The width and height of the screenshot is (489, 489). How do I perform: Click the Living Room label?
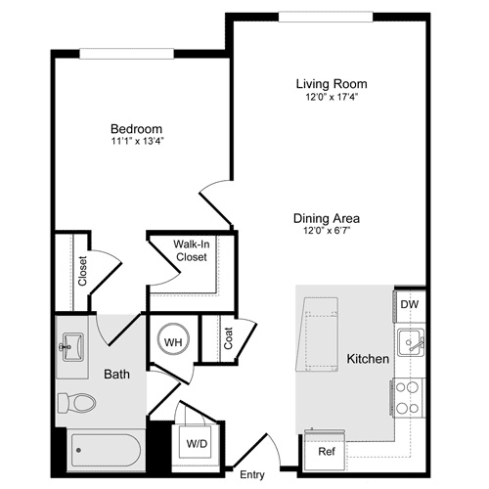[x=333, y=83]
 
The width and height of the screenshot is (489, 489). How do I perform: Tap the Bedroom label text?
[x=136, y=129]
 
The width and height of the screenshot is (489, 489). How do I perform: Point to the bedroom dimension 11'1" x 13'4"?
[x=136, y=142]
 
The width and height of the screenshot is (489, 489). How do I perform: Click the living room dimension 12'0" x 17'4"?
[x=333, y=96]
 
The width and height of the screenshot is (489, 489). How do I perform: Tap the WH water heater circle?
[x=172, y=341]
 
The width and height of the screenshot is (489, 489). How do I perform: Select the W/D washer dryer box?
[x=197, y=443]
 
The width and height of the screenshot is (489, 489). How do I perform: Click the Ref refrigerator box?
[x=326, y=452]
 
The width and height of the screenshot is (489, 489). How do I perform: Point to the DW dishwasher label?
[x=409, y=304]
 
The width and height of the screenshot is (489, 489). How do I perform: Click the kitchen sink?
[x=409, y=343]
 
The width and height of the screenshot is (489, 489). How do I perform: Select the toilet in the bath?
[x=76, y=402]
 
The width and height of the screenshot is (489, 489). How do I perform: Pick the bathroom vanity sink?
[x=70, y=345]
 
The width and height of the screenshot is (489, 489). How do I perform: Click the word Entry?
[x=251, y=475]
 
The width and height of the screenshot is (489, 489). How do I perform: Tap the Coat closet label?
[x=228, y=337]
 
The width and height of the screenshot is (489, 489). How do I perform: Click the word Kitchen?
[x=369, y=360]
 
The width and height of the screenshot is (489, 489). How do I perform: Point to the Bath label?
[x=116, y=374]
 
